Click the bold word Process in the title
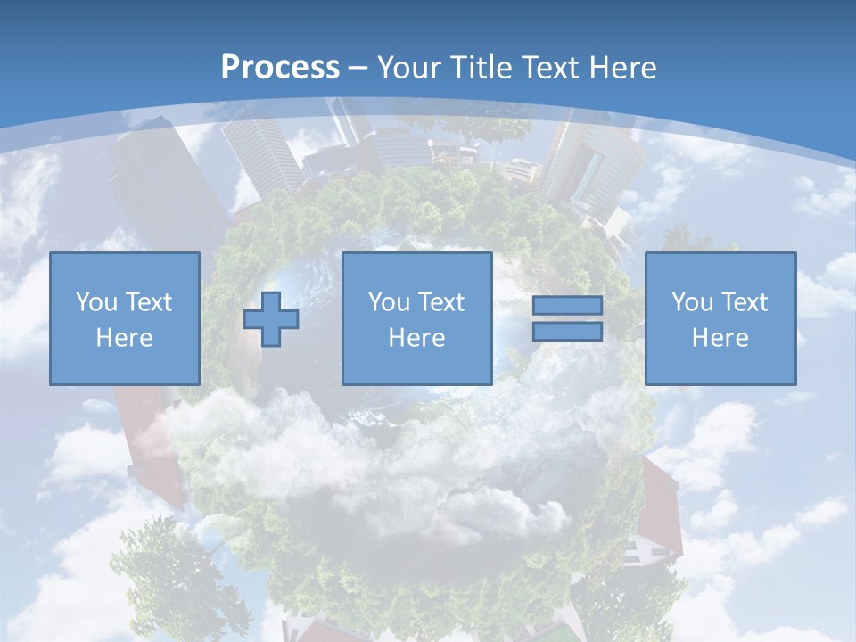(x=280, y=68)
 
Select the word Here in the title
(x=622, y=68)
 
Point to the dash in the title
(x=358, y=69)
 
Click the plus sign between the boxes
(x=271, y=318)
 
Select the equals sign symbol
(x=567, y=318)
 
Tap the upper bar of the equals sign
(x=567, y=306)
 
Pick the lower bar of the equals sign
(x=567, y=332)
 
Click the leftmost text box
(x=125, y=318)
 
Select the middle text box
(x=416, y=318)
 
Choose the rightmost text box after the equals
(x=720, y=318)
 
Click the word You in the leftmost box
(x=96, y=302)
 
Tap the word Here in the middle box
(x=416, y=338)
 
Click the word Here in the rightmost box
(x=720, y=338)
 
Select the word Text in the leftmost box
(x=148, y=302)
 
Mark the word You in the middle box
(x=389, y=302)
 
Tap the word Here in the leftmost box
(x=125, y=338)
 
